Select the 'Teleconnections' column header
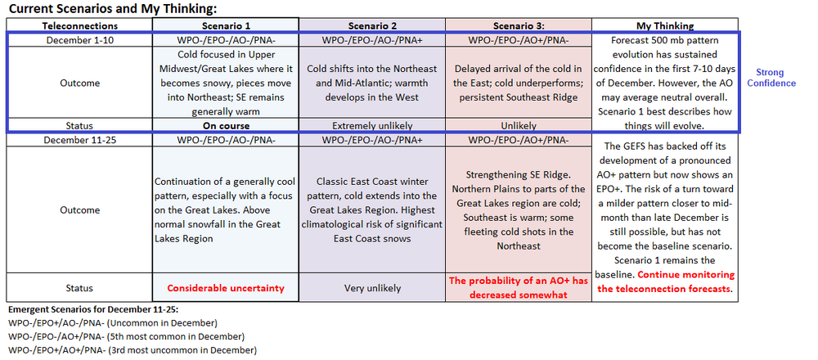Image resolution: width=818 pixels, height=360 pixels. coord(80,25)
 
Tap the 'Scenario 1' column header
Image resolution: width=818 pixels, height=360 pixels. coord(226,25)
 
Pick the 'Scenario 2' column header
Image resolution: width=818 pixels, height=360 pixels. coord(372,25)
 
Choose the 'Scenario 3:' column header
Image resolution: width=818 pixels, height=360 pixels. coord(519,25)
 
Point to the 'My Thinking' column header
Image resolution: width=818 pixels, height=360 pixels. coord(665,25)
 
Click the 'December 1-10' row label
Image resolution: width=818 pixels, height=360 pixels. coord(79,39)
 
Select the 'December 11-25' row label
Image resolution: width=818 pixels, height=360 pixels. coord(79,140)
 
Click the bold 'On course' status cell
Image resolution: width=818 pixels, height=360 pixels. coord(226,126)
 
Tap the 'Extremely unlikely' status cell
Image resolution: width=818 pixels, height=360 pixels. coord(372,126)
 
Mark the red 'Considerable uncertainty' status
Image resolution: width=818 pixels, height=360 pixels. coord(226,288)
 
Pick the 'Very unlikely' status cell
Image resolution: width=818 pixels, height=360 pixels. coord(372,288)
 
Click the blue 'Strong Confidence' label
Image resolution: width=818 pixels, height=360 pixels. coord(771,78)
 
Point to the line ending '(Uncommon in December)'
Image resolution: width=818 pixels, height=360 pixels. coord(113,322)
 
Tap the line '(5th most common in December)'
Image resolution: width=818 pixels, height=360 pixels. coord(127,336)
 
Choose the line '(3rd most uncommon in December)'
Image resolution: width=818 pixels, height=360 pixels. coord(133,350)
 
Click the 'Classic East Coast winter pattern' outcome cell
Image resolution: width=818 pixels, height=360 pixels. coord(372,209)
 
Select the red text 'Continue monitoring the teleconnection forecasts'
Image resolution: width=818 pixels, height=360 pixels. coord(665,281)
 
